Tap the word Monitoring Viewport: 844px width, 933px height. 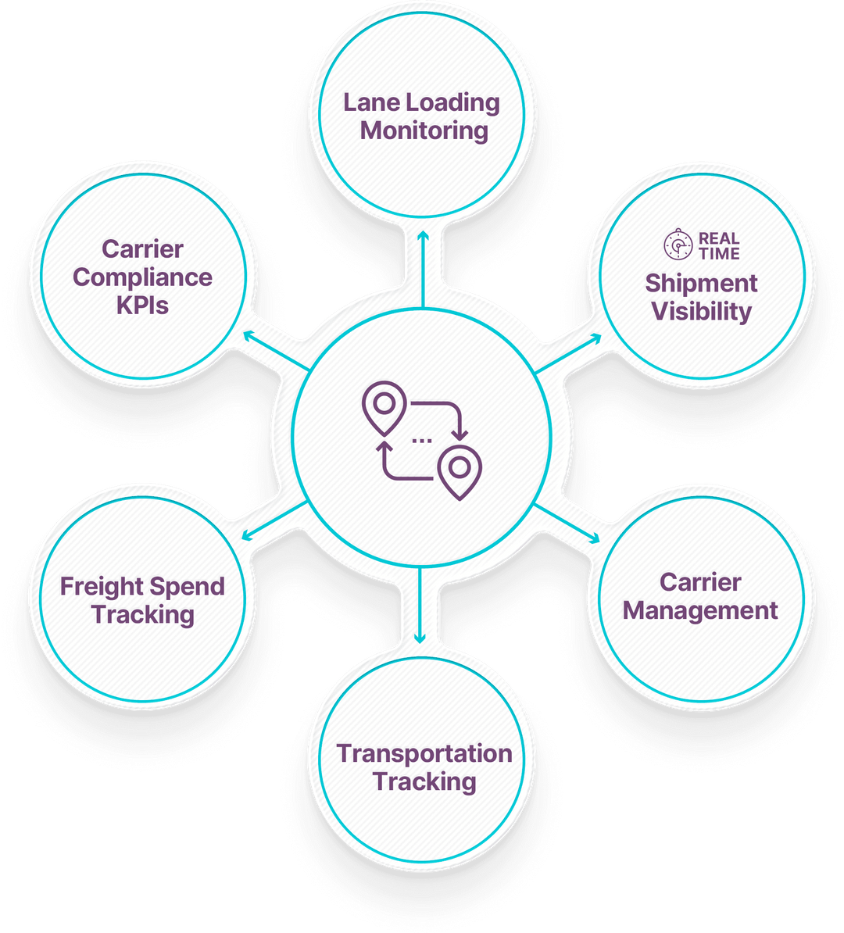[424, 130]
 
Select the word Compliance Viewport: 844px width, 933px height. [142, 277]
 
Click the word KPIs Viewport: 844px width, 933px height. [142, 306]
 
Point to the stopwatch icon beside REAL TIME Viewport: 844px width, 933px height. [678, 245]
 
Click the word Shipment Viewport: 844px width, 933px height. [701, 284]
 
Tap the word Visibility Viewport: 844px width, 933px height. [701, 312]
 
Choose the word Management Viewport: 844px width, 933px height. [700, 610]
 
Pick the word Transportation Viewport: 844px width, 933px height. [424, 754]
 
